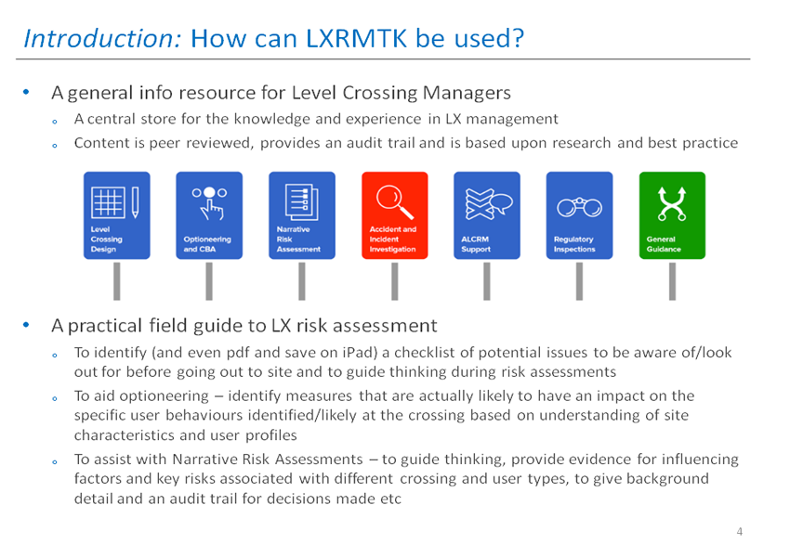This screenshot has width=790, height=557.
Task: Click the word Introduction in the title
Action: pyautogui.click(x=102, y=38)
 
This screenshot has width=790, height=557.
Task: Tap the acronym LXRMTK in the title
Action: pyautogui.click(x=356, y=38)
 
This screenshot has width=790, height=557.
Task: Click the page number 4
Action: pyautogui.click(x=739, y=531)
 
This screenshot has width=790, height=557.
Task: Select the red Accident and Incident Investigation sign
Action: pyautogui.click(x=394, y=215)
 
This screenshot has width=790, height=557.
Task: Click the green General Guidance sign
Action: pyautogui.click(x=672, y=215)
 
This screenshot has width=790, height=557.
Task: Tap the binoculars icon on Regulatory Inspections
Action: pyautogui.click(x=579, y=207)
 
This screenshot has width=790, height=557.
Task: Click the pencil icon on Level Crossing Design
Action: pyautogui.click(x=135, y=202)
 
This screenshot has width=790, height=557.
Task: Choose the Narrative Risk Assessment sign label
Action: pyautogui.click(x=298, y=239)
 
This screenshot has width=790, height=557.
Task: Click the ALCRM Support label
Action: pyautogui.click(x=475, y=244)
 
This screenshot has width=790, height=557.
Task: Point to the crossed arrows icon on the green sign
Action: pyautogui.click(x=672, y=204)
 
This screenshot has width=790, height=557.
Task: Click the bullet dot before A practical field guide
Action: pyautogui.click(x=26, y=325)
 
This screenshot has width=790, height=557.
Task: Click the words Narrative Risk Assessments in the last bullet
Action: pyautogui.click(x=268, y=460)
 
